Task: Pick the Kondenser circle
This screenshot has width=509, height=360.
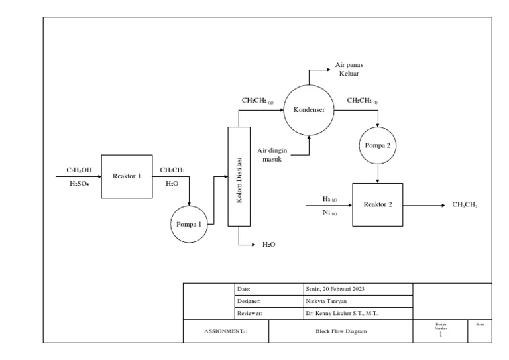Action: (309, 110)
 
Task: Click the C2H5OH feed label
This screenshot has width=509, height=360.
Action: (79, 170)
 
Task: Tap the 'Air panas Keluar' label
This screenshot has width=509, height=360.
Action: (349, 69)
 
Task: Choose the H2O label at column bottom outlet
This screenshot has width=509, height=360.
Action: (268, 245)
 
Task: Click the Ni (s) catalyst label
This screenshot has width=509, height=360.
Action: (329, 213)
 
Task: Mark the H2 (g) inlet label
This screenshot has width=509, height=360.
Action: (329, 199)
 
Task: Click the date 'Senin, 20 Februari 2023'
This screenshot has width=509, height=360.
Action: (335, 289)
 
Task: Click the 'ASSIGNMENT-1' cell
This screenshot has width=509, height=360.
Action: (225, 331)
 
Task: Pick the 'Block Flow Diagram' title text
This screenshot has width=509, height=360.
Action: (340, 331)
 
